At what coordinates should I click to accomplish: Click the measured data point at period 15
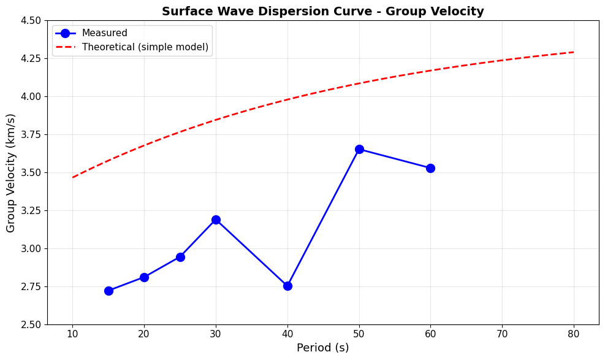pos(108,291)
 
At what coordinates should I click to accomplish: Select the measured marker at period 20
pos(144,277)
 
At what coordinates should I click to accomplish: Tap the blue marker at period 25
pos(180,257)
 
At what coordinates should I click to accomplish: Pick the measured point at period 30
pos(216,220)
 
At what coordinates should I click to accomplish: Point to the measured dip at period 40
pos(287,286)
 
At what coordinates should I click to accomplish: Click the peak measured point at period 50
pos(359,149)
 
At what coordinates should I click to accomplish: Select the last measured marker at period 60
pos(430,168)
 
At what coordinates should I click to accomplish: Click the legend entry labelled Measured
pos(105,33)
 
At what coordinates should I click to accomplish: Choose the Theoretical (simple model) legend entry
pos(145,47)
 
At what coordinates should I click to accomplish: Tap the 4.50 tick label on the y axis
pos(29,20)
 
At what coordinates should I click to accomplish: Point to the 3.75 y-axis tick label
pos(29,134)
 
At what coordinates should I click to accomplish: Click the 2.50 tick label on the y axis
pos(29,324)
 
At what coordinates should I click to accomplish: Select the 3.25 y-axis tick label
pos(29,210)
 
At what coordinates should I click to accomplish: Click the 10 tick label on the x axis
pos(72,334)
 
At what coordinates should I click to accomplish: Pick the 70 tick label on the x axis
pos(502,334)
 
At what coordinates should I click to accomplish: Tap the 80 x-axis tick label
pos(574,334)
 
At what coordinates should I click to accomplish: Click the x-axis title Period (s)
pos(322,348)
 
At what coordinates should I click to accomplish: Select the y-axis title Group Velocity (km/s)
pos(11,172)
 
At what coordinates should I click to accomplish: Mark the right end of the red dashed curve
pos(574,52)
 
